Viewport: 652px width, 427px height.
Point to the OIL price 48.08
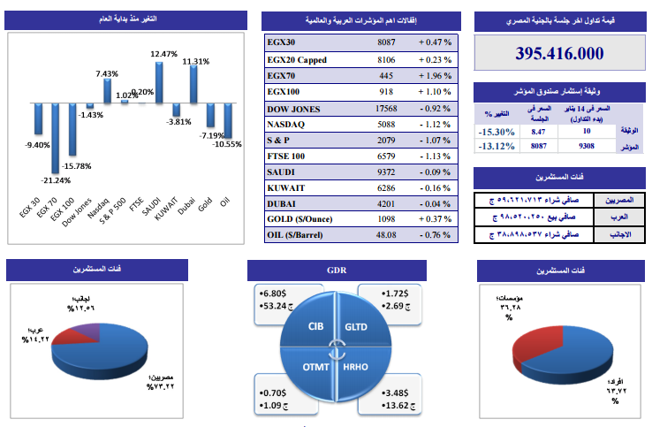point(387,235)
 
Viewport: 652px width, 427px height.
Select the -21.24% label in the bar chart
point(55,180)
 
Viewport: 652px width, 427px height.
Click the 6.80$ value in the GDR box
point(273,294)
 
